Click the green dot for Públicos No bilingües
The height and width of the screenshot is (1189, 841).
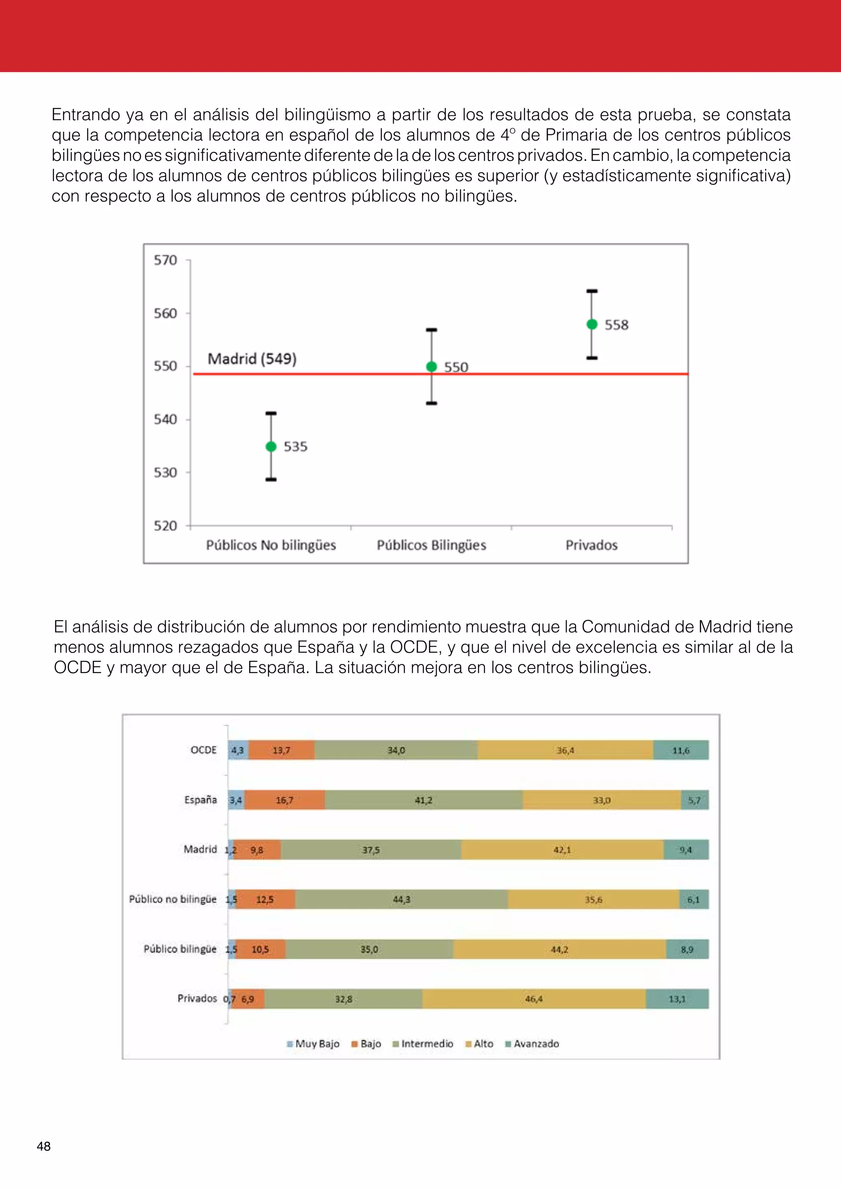[x=271, y=446]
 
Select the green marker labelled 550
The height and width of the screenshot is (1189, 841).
[x=431, y=367]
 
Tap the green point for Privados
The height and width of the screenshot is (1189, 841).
[x=592, y=324]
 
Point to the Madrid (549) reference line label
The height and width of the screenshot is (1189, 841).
[x=252, y=358]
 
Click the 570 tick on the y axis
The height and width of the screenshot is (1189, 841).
[x=165, y=260]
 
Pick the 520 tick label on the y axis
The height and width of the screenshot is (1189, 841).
[x=165, y=526]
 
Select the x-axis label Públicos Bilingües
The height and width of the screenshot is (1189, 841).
[x=431, y=545]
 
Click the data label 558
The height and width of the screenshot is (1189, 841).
[x=616, y=325]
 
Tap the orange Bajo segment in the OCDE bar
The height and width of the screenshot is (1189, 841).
[x=281, y=750]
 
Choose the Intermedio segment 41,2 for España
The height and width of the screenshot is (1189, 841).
[x=424, y=800]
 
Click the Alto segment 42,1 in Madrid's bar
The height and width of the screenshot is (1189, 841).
[x=563, y=850]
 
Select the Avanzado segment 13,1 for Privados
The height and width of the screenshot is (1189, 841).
[x=677, y=999]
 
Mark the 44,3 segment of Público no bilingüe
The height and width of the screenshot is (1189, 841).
[x=401, y=900]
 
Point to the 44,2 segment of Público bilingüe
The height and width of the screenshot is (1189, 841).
[x=560, y=949]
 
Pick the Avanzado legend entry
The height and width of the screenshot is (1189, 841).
[x=532, y=1044]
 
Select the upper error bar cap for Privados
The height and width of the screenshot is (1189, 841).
[x=592, y=291]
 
